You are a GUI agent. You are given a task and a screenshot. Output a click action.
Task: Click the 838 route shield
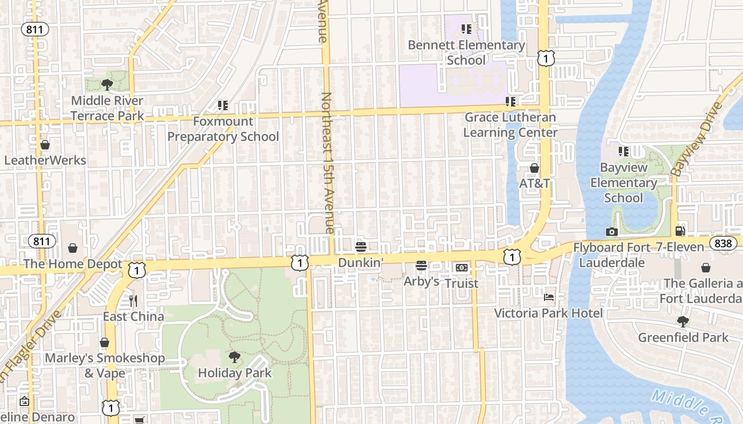click(723, 244)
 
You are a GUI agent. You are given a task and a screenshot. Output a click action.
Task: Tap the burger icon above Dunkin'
click(361, 247)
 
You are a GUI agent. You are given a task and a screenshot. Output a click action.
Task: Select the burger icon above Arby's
click(421, 266)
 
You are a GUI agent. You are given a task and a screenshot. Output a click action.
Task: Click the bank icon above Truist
click(461, 268)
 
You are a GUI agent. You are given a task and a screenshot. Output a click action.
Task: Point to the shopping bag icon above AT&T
click(534, 168)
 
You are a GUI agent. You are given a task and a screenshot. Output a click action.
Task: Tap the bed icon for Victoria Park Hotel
click(549, 297)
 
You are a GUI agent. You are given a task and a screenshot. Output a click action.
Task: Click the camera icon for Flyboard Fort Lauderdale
click(612, 232)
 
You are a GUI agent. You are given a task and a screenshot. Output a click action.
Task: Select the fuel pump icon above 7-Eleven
click(680, 231)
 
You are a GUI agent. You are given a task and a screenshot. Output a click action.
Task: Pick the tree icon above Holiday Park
click(234, 357)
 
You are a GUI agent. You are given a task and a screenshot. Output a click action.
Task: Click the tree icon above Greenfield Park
click(683, 322)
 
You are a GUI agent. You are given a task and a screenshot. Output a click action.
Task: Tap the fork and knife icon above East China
click(133, 301)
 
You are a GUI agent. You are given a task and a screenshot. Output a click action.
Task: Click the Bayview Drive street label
click(697, 139)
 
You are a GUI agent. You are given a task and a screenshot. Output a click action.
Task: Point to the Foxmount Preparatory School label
click(223, 129)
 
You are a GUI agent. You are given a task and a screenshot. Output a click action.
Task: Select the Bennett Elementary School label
click(466, 52)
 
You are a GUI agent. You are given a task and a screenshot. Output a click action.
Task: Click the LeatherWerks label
click(45, 160)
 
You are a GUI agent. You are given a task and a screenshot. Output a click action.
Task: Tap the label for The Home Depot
click(73, 264)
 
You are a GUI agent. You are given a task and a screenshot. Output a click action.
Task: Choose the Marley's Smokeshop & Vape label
click(105, 365)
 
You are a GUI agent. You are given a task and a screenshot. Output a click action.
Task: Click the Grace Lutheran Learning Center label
click(511, 125)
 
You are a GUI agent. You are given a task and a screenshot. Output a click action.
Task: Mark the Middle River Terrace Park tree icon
click(107, 84)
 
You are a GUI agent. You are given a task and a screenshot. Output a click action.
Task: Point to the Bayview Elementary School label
click(624, 182)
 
